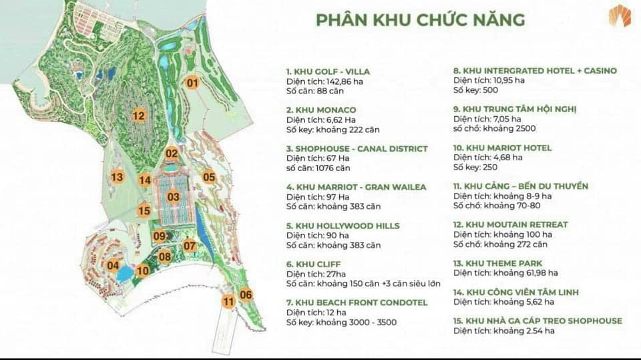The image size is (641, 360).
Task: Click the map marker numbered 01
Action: [x=192, y=83]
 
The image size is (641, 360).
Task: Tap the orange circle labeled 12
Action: [x=138, y=116]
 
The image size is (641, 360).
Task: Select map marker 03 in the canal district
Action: [x=174, y=197]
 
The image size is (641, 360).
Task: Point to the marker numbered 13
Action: [x=118, y=177]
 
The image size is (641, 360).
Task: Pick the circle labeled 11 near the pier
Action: [x=229, y=301]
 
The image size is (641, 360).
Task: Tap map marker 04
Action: [x=113, y=265]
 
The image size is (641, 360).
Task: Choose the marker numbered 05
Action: [x=209, y=177]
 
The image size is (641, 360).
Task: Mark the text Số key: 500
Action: [x=475, y=90]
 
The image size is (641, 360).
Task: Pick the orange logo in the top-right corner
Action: [x=619, y=15]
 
